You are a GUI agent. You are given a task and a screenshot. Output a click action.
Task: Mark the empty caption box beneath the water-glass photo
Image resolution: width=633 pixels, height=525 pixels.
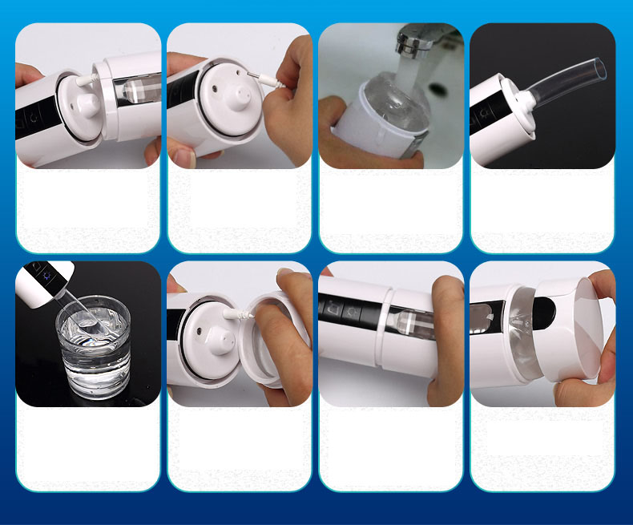pos(88,448)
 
